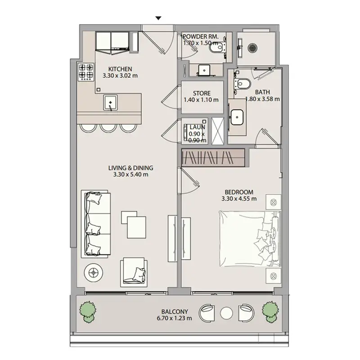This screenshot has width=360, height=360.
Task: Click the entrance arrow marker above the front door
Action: tap(158, 18)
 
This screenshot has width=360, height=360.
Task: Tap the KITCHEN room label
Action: tap(120, 69)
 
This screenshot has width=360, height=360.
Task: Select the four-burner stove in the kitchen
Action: tap(86, 72)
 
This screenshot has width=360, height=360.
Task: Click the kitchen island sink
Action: tap(110, 103)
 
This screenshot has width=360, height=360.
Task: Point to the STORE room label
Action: tap(202, 93)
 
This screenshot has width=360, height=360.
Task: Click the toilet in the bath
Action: tap(242, 84)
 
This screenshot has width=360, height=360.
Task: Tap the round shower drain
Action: tap(252, 48)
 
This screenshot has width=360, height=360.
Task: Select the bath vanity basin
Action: tap(237, 117)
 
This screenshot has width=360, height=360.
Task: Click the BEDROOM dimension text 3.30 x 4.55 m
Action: tap(239, 198)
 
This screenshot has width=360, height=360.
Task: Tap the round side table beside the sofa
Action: tap(93, 273)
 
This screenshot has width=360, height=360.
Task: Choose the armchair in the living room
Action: tap(134, 272)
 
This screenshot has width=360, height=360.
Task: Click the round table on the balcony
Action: tap(227, 313)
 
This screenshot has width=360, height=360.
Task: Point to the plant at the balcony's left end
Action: tap(87, 312)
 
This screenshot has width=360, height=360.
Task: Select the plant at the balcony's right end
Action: tap(270, 312)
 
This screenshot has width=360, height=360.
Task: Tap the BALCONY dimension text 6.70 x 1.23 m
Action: tap(174, 318)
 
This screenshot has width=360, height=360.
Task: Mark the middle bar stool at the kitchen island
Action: tap(108, 128)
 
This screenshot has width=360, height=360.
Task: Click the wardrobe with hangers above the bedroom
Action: tap(213, 158)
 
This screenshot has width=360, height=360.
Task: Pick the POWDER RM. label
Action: tap(200, 36)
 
